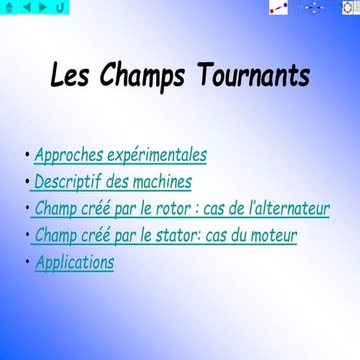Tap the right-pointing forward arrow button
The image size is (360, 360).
click(x=43, y=7)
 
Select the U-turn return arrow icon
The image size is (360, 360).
click(x=60, y=7)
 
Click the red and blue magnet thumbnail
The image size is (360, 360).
click(x=278, y=7)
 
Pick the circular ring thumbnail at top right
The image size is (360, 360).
click(x=349, y=7)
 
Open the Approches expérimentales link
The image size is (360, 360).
click(x=120, y=156)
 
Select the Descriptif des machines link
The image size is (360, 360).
click(x=112, y=182)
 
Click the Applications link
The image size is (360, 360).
click(x=74, y=263)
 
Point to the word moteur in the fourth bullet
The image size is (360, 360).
click(x=271, y=236)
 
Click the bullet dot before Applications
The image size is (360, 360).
click(x=27, y=262)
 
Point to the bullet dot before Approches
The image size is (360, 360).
click(x=27, y=155)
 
